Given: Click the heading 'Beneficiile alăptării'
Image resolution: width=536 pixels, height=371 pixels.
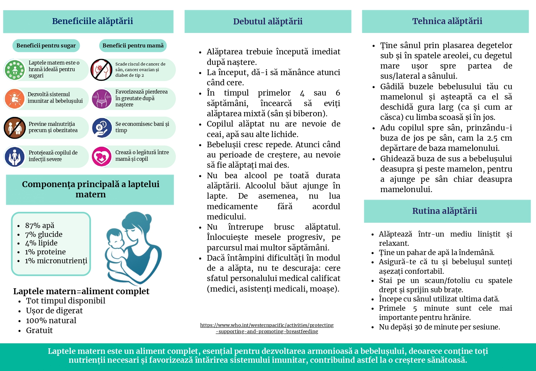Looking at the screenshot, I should [x=92, y=21].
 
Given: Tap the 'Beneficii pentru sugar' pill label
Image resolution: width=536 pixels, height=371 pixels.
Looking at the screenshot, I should [x=46, y=45].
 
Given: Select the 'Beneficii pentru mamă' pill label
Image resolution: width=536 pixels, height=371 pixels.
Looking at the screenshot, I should [x=133, y=45].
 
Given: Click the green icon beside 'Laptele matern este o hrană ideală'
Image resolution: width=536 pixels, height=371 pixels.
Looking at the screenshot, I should [x=15, y=70].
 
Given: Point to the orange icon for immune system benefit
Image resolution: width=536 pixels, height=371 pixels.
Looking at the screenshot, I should [x=15, y=99].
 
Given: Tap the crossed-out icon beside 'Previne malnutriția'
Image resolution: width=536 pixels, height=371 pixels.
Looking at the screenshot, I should [x=15, y=128].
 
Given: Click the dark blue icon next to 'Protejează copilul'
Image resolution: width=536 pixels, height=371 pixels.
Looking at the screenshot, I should [x=15, y=157].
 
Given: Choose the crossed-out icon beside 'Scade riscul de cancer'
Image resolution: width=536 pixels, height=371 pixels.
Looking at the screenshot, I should [x=102, y=70].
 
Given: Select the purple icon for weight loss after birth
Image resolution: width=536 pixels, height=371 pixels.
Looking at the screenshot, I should [x=102, y=99].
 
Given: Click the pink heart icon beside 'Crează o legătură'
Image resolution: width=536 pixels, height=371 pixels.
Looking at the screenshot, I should [x=102, y=157].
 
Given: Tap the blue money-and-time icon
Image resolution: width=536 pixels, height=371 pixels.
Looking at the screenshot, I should [x=102, y=128].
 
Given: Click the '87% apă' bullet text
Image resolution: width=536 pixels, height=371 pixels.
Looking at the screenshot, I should [x=40, y=226].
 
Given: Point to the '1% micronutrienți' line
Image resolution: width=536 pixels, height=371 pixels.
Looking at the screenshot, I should [x=56, y=261].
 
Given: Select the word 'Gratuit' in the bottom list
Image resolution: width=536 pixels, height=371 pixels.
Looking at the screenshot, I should [x=39, y=330].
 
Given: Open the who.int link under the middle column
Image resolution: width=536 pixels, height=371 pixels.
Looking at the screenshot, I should [x=267, y=328].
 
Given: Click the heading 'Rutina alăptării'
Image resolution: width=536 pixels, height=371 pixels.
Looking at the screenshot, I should [x=444, y=211].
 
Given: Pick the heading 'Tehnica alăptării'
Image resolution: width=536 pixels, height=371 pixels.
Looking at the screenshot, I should [x=447, y=21].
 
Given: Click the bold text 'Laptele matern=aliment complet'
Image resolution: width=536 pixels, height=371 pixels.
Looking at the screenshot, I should [x=81, y=291].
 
